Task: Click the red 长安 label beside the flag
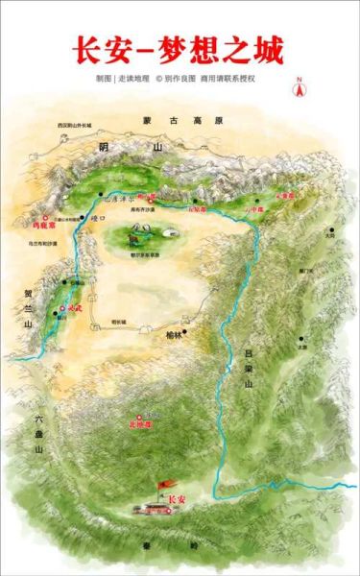click(x=176, y=500)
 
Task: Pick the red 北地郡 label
click(x=141, y=422)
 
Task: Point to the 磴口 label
click(x=97, y=219)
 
